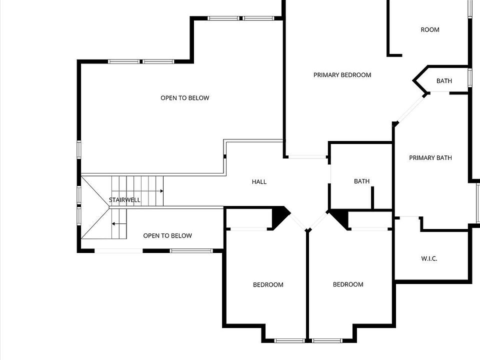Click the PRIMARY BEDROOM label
[342, 75]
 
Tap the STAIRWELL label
[124, 200]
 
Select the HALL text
[259, 181]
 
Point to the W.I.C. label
[429, 258]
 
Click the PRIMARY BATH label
[430, 158]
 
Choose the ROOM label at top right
[429, 29]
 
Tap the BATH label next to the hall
[361, 181]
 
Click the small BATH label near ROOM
[444, 81]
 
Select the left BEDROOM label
[268, 285]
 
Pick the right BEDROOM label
[348, 284]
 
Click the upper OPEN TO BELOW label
[184, 98]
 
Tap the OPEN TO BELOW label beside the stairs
[167, 236]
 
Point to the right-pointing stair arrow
[161, 191]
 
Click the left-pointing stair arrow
[114, 224]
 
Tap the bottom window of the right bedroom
[327, 341]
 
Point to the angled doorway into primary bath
[411, 108]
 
